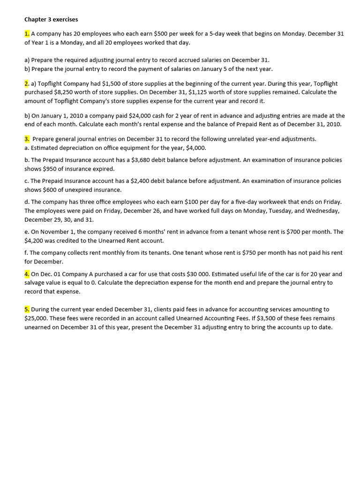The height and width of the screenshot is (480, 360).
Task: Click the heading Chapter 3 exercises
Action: [x=51, y=20]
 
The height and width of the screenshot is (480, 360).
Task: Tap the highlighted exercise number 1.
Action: [x=27, y=34]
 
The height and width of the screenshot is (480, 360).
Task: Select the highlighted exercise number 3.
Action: [x=27, y=139]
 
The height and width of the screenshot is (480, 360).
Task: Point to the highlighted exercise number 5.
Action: [x=27, y=309]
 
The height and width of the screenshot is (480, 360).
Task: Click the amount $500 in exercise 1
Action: [x=162, y=34]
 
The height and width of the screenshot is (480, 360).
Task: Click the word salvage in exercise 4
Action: [x=36, y=283]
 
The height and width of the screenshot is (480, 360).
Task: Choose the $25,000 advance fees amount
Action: [x=36, y=318]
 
